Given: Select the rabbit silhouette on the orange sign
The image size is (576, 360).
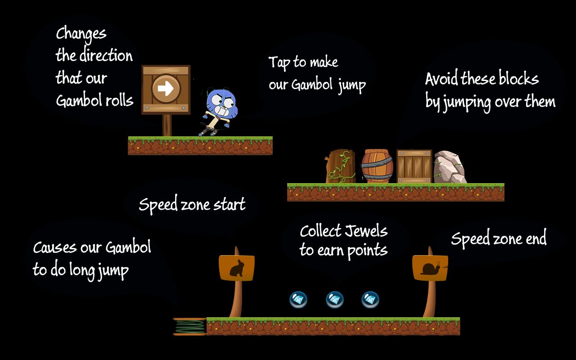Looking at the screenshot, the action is [237, 268].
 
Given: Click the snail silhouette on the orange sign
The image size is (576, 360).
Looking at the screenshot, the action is [430, 269].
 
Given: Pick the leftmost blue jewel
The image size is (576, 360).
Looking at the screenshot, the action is [298, 300].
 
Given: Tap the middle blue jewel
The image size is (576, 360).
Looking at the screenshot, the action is [334, 300].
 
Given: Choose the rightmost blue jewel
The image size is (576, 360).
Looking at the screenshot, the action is [370, 300].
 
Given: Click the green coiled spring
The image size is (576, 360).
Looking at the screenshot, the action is [190, 327].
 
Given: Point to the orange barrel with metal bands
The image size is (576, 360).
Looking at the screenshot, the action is [377, 166].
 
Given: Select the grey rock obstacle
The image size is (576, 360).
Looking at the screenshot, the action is [450, 167].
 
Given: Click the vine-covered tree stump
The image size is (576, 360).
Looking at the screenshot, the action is [341, 166].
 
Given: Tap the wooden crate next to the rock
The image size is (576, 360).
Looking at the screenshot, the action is [414, 166].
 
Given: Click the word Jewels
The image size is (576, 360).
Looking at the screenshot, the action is [366, 231].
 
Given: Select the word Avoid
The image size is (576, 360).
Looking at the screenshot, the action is [441, 78].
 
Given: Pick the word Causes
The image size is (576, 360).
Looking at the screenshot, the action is [55, 247].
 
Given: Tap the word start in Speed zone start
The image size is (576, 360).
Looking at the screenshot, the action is [229, 204].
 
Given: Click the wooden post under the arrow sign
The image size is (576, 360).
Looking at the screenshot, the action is [167, 125].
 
